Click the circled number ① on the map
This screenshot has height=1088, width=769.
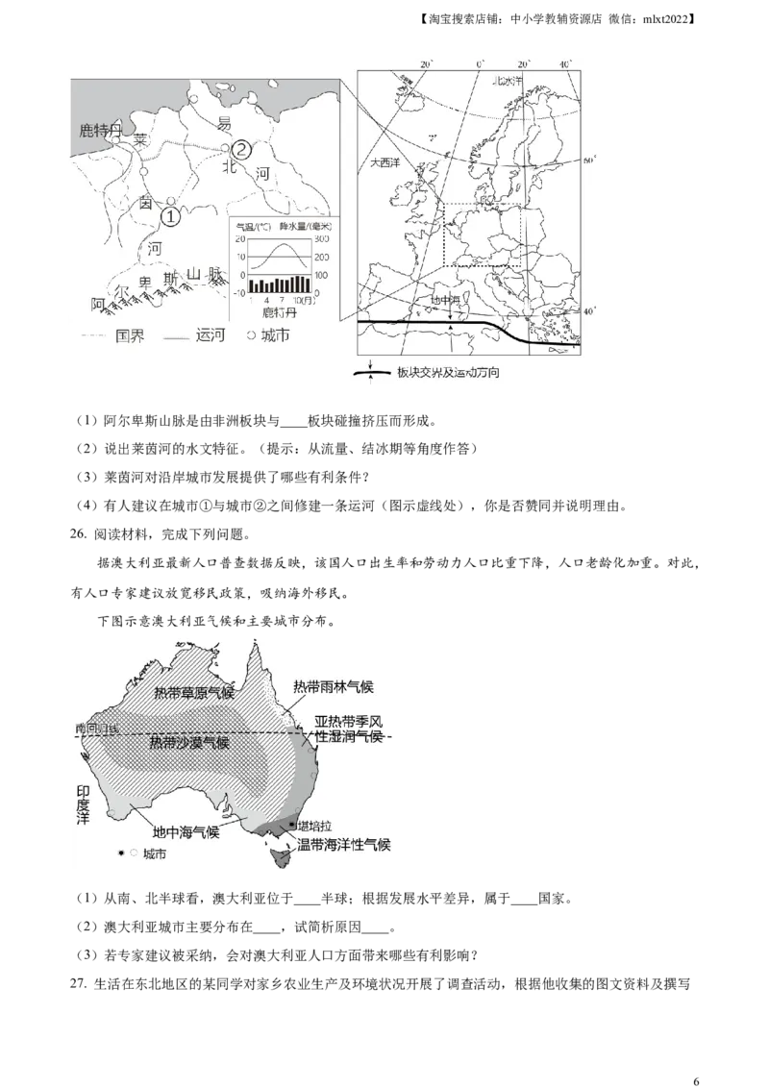pyautogui.click(x=169, y=217)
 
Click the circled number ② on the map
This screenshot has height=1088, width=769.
pyautogui.click(x=241, y=149)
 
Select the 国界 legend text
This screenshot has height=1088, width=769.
pyautogui.click(x=130, y=336)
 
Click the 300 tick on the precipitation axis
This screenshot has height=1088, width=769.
pyautogui.click(x=323, y=238)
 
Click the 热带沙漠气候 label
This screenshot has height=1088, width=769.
pyautogui.click(x=189, y=743)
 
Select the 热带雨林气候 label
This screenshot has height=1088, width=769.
pyautogui.click(x=333, y=686)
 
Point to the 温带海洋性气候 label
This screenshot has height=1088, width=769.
pyautogui.click(x=343, y=844)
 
